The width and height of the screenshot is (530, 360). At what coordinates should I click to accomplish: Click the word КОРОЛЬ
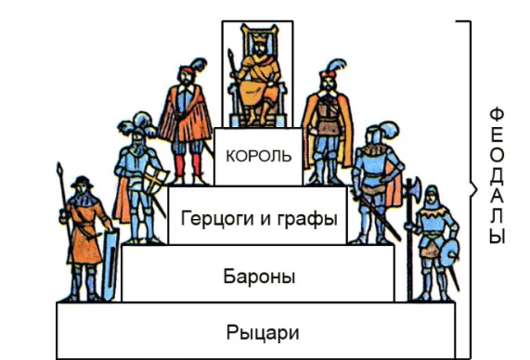[x=252, y=155]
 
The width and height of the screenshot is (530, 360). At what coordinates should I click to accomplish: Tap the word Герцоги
[x=214, y=218]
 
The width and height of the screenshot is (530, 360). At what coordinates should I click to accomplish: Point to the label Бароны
[x=259, y=276]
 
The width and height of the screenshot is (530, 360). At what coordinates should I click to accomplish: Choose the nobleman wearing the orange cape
[x=327, y=116]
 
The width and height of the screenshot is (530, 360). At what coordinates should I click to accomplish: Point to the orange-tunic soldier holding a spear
[x=84, y=232]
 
